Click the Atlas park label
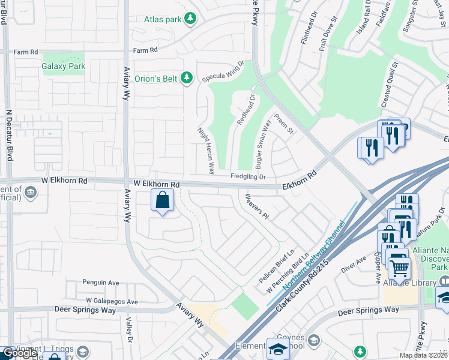(x=162, y=19)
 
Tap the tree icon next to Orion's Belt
(x=187, y=77)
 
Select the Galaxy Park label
(x=64, y=67)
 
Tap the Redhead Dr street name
(x=246, y=109)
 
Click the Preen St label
(x=283, y=123)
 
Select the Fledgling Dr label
(x=248, y=176)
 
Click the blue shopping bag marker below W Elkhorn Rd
(x=162, y=200)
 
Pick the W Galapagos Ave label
(x=112, y=302)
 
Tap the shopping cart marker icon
(x=399, y=265)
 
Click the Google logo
(x=20, y=353)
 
